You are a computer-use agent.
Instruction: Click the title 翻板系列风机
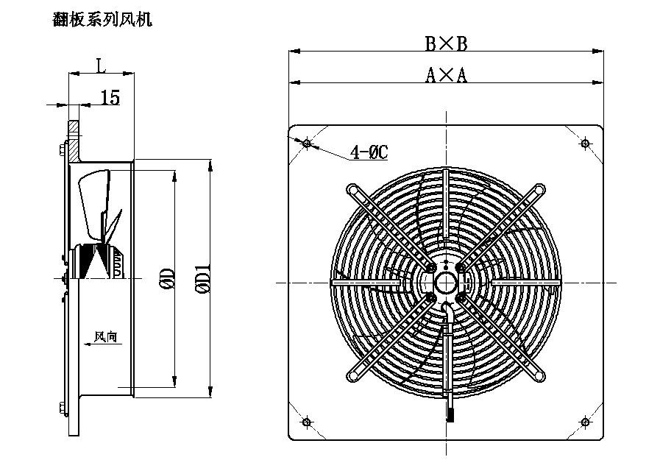point(102,19)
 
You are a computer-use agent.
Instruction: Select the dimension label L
point(100,66)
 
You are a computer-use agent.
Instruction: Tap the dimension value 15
point(110,97)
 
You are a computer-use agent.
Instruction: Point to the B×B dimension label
point(446,43)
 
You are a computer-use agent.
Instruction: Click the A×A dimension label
point(446,75)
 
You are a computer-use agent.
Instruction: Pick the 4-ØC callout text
point(369,152)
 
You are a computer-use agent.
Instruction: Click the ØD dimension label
point(168,279)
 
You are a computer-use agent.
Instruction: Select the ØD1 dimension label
point(203,279)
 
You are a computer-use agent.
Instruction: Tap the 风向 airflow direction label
point(105,336)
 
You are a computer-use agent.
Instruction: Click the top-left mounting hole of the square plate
point(308,144)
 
